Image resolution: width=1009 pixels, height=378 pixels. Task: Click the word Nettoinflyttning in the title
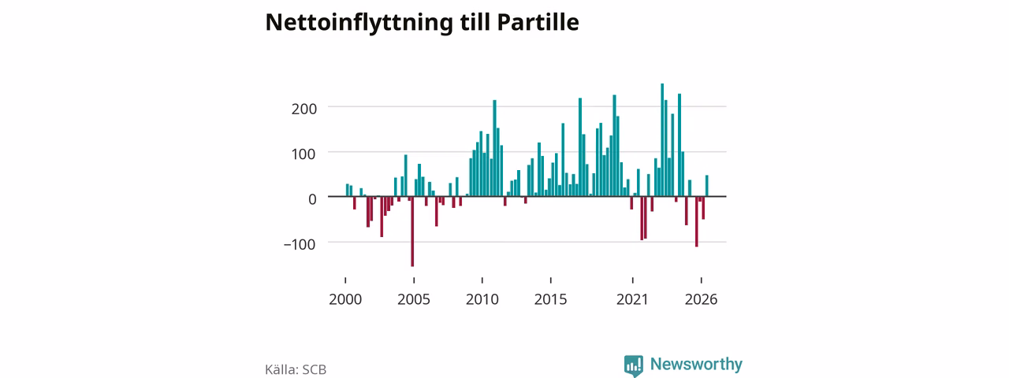click(x=359, y=23)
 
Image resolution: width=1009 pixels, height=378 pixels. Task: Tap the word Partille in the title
click(x=538, y=22)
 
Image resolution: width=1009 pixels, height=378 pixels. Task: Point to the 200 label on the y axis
click(x=304, y=109)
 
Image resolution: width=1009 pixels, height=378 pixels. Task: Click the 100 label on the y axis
click(x=304, y=154)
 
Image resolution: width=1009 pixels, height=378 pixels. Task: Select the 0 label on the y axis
click(x=312, y=199)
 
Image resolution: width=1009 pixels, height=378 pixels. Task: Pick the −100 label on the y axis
click(x=300, y=245)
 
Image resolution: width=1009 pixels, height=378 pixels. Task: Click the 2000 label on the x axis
click(x=345, y=300)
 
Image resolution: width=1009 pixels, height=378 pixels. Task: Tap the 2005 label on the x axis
click(x=414, y=300)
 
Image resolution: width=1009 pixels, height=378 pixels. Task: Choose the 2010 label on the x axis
click(x=482, y=300)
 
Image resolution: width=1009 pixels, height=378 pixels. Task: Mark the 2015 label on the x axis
click(x=550, y=300)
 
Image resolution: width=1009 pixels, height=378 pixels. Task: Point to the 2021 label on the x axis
click(x=632, y=300)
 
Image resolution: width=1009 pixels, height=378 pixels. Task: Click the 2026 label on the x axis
click(x=701, y=300)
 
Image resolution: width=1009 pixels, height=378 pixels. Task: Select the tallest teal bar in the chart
click(x=662, y=140)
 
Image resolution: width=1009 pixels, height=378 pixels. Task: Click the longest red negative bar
click(x=412, y=232)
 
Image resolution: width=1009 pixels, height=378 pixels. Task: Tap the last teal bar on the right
click(x=707, y=186)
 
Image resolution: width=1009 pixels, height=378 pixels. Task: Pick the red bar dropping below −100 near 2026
click(x=696, y=221)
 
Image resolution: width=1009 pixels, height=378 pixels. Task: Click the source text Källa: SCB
click(x=296, y=370)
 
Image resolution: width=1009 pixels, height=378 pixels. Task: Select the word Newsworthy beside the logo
click(x=696, y=364)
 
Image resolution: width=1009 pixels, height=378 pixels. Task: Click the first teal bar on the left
click(x=348, y=190)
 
